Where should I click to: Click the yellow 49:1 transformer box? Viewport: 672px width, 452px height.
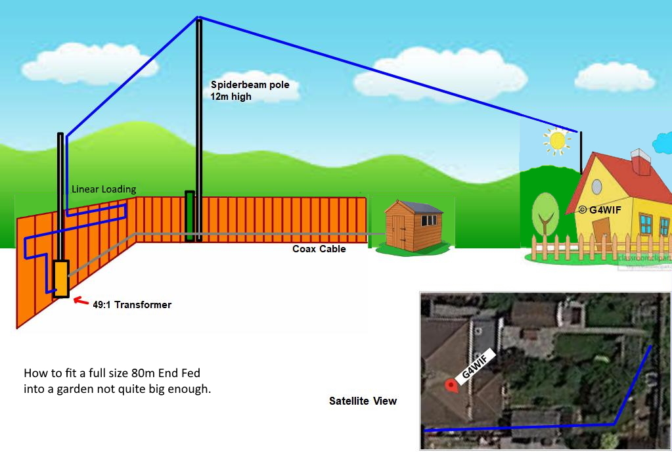61,279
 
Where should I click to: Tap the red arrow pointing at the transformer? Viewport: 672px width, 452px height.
80,302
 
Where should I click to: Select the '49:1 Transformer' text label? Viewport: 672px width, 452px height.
131,305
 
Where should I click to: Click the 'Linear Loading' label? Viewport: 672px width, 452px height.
104,189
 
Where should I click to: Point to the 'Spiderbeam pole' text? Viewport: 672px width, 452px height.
250,85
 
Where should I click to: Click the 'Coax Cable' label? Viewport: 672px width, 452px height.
319,249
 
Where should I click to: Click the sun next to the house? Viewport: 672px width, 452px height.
557,140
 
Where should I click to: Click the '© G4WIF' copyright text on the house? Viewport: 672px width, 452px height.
599,210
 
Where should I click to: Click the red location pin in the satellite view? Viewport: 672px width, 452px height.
451,386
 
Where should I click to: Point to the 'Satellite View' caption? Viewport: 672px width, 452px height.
363,401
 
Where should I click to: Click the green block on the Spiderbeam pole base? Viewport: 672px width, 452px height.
190,215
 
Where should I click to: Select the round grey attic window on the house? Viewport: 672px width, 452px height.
596,187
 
